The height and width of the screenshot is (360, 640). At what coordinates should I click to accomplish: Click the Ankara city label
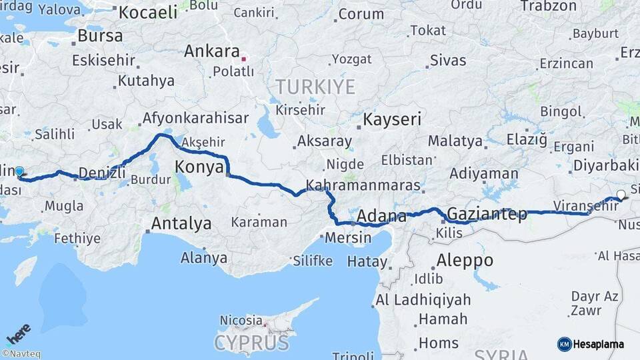click(211, 51)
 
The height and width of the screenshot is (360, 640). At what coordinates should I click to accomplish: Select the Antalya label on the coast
click(181, 223)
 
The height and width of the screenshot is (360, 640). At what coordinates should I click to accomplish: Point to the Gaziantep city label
click(487, 214)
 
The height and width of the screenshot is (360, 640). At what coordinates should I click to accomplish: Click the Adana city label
click(382, 216)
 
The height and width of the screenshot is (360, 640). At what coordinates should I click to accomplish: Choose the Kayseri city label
click(392, 120)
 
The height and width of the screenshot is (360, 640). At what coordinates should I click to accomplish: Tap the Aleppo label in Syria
click(465, 260)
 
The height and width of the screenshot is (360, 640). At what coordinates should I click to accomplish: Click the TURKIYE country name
click(316, 86)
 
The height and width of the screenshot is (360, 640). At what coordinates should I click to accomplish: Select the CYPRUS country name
click(251, 343)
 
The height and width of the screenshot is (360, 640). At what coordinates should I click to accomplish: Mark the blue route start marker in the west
click(19, 172)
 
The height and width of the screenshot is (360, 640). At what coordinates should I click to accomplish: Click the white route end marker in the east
click(621, 195)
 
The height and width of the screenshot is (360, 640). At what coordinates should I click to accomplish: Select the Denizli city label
click(102, 173)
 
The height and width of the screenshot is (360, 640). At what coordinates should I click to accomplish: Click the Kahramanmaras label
click(363, 185)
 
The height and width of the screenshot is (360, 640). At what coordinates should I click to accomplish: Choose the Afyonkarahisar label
click(195, 119)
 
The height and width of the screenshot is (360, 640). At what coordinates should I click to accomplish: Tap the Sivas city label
click(448, 61)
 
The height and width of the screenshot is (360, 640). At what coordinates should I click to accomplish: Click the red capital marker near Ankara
click(244, 59)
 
